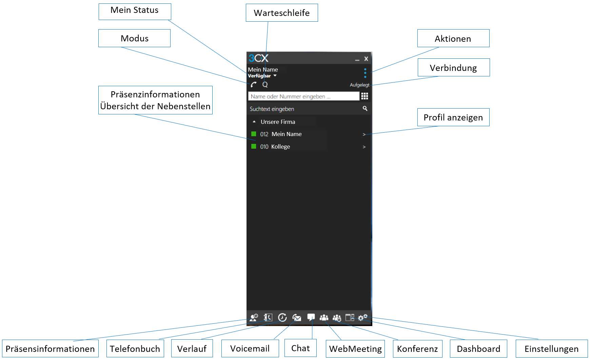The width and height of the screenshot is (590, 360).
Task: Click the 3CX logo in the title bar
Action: tap(258, 58)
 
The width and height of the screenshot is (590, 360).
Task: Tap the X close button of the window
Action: tap(366, 59)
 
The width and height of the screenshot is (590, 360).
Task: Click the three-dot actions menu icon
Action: tap(365, 73)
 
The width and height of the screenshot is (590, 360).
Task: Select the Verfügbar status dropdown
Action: tap(262, 76)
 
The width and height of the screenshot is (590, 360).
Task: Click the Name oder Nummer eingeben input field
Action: tap(303, 96)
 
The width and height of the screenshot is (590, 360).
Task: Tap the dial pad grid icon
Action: tap(365, 96)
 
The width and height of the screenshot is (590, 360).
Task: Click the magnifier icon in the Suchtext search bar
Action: tap(365, 109)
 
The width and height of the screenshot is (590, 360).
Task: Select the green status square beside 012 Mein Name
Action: tap(254, 134)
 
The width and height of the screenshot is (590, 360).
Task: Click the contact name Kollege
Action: tap(280, 147)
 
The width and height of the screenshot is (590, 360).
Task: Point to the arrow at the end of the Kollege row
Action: tap(364, 147)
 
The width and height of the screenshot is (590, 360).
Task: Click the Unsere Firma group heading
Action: tap(278, 122)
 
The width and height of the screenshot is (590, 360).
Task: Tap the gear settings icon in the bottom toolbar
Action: tap(362, 318)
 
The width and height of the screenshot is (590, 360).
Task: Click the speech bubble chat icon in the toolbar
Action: tap(311, 317)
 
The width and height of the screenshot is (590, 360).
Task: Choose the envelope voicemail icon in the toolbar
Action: tap(297, 318)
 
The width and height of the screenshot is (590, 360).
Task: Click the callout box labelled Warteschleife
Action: tap(282, 13)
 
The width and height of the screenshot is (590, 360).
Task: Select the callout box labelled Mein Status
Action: tap(135, 12)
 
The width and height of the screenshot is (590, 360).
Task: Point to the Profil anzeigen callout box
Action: tap(453, 117)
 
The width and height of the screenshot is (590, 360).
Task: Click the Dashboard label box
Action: tap(478, 349)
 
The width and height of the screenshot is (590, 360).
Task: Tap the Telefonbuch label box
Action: tap(135, 349)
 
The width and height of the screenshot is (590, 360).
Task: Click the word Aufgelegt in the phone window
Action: tap(359, 85)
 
